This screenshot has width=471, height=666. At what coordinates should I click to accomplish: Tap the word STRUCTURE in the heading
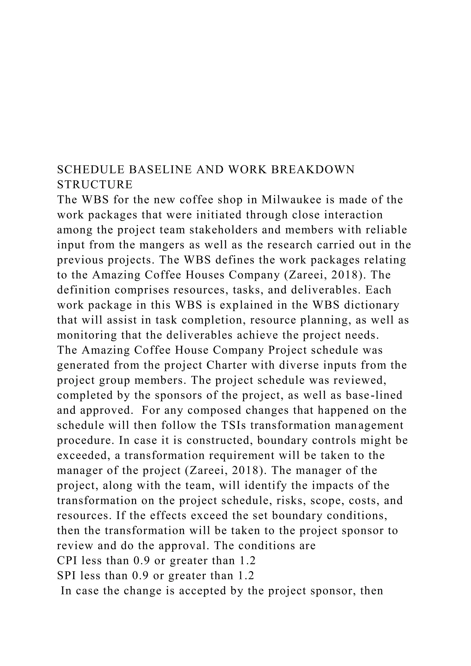(95, 185)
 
